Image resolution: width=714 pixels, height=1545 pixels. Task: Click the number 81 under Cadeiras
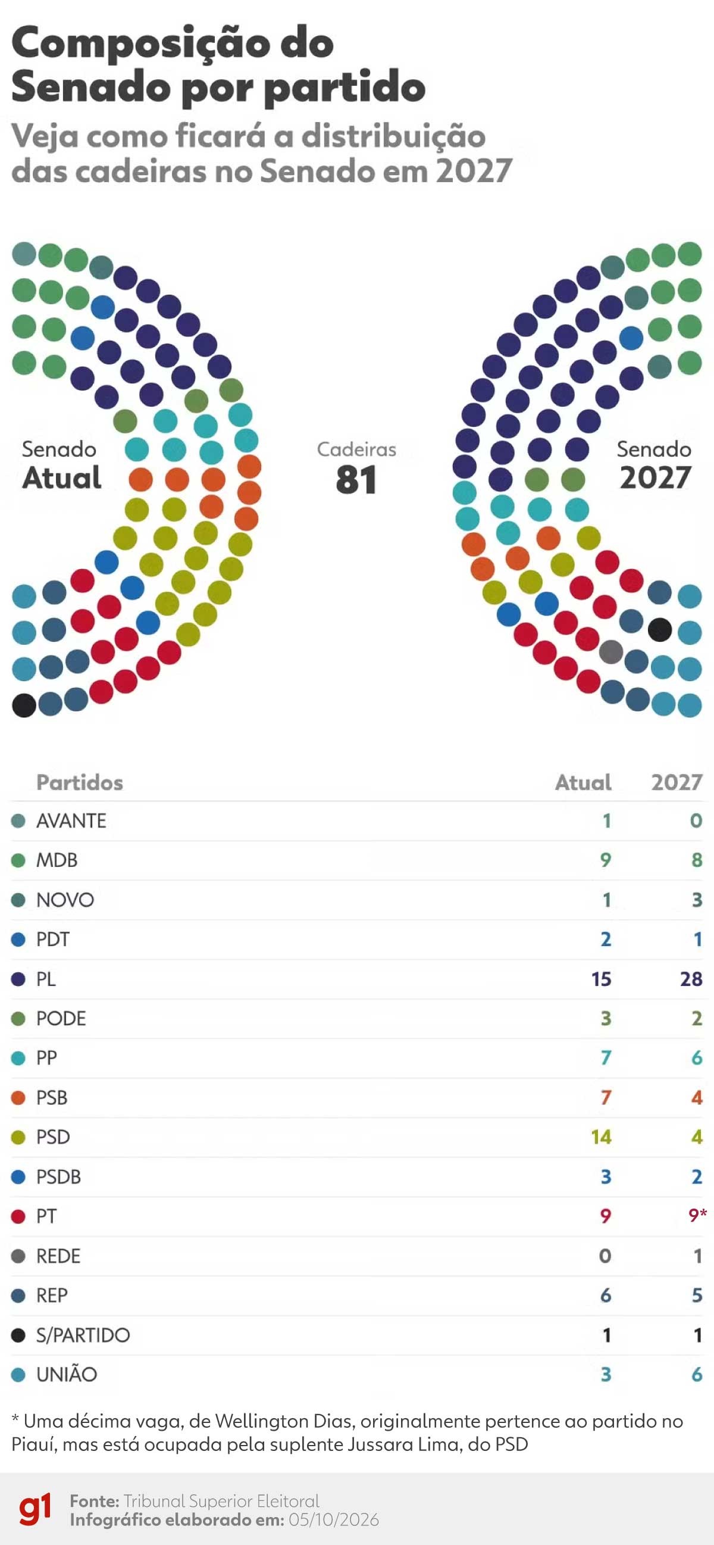click(356, 480)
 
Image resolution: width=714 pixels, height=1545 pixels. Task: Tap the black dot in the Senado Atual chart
click(24, 705)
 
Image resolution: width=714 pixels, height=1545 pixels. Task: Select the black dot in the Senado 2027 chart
click(660, 629)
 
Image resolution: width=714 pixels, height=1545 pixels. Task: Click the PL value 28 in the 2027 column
click(691, 979)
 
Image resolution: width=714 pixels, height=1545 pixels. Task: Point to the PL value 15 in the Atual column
click(602, 979)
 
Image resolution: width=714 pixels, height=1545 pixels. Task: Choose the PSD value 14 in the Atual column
click(602, 1137)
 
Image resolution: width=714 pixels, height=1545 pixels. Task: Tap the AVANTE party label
click(71, 820)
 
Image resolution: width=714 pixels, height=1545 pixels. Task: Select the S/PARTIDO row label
click(83, 1335)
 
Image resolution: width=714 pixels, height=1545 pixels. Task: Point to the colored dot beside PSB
click(18, 1097)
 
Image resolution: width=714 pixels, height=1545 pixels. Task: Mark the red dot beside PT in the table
click(18, 1216)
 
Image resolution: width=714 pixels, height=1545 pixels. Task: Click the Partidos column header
click(80, 782)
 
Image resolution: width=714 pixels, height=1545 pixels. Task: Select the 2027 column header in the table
click(677, 782)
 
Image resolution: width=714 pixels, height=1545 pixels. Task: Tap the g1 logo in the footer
click(35, 1509)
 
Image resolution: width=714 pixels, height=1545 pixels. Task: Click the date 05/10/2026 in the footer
click(334, 1519)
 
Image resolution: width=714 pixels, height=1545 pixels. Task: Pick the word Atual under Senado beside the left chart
click(62, 478)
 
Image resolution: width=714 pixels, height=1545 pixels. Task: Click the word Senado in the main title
click(89, 87)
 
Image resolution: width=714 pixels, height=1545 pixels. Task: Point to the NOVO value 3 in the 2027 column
click(697, 900)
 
